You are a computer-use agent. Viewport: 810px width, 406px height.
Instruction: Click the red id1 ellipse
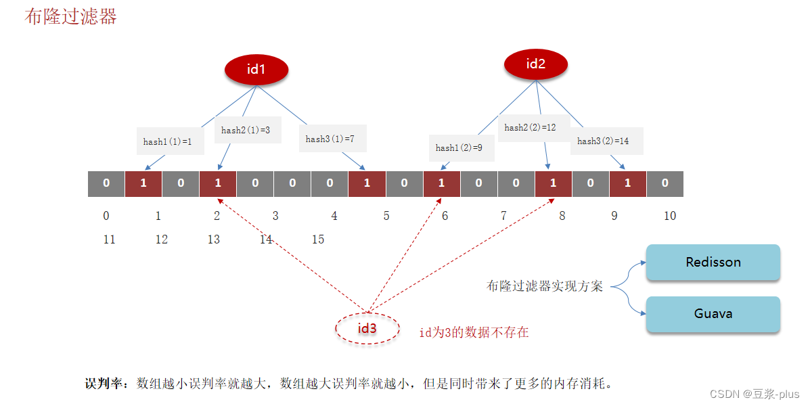pyautogui.click(x=256, y=69)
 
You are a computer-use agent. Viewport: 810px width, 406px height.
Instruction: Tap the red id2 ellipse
pyautogui.click(x=536, y=64)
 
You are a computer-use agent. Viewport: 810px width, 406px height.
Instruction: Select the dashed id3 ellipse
pyautogui.click(x=367, y=328)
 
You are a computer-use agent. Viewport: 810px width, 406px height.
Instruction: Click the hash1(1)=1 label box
pyautogui.click(x=168, y=141)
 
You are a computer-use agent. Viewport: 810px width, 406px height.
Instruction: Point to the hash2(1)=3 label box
pyautogui.click(x=246, y=130)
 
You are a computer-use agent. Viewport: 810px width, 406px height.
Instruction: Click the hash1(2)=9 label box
pyautogui.click(x=459, y=148)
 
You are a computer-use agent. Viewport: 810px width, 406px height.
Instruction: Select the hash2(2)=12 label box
pyautogui.click(x=530, y=127)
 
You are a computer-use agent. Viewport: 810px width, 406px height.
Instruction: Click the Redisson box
pyautogui.click(x=713, y=263)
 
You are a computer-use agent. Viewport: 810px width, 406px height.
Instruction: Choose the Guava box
pyautogui.click(x=713, y=314)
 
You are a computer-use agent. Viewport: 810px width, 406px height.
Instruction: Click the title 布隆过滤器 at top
pyautogui.click(x=71, y=17)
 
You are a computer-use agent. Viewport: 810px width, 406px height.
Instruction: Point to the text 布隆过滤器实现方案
pyautogui.click(x=545, y=286)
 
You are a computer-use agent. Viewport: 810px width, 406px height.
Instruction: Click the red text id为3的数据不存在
pyautogui.click(x=474, y=332)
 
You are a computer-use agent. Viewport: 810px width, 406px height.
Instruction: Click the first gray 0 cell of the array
pyautogui.click(x=106, y=183)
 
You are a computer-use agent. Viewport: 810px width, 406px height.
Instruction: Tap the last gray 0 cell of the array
pyautogui.click(x=665, y=183)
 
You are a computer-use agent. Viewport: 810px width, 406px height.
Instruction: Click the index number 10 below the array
pyautogui.click(x=670, y=216)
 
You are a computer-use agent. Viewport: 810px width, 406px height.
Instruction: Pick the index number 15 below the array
pyautogui.click(x=317, y=240)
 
